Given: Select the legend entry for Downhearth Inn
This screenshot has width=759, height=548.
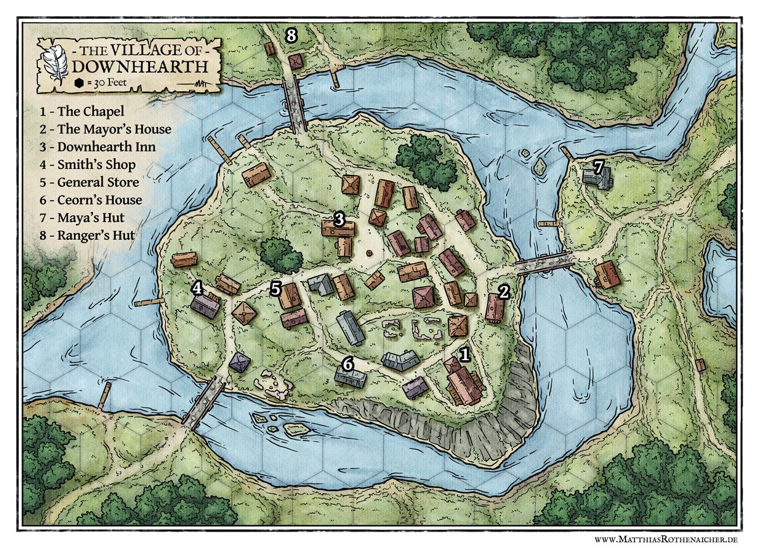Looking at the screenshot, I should [x=97, y=147].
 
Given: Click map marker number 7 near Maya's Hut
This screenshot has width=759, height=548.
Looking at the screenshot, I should [x=599, y=166].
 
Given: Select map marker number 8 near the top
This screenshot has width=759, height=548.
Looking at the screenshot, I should [x=291, y=35].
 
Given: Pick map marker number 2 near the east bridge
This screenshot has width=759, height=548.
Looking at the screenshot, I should [x=503, y=292].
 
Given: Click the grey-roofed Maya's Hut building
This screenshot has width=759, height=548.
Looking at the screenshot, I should [x=598, y=178].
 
